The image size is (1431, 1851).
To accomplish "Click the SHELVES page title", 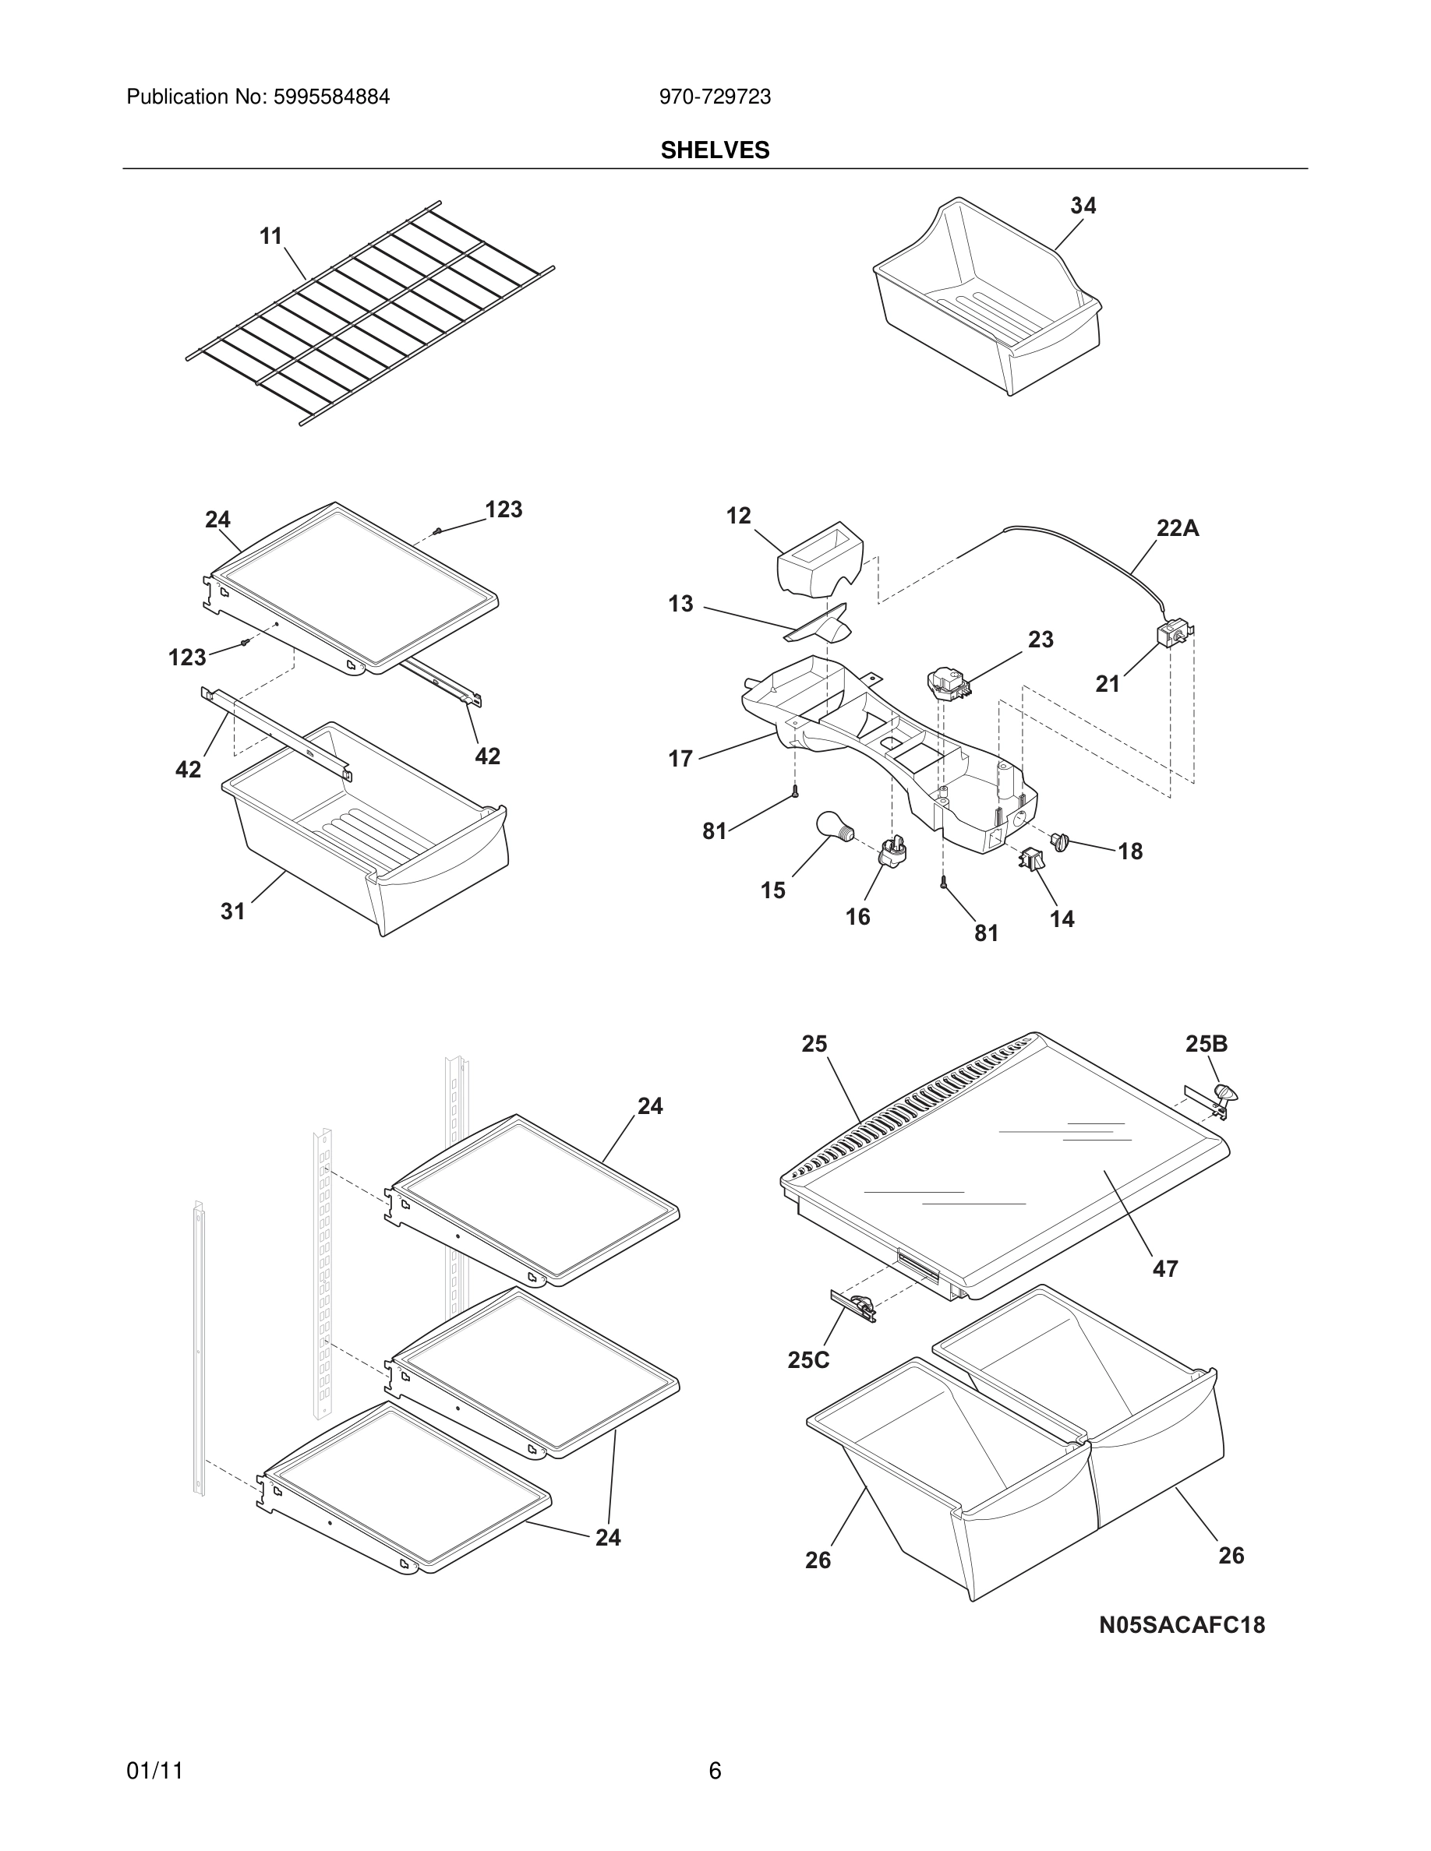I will (x=715, y=150).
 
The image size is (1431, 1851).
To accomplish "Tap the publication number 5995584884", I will (x=330, y=97).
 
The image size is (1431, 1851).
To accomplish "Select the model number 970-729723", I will (x=715, y=97).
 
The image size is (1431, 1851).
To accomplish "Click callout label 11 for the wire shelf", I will (x=270, y=237).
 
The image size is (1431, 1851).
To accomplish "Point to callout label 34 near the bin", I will (x=1083, y=206).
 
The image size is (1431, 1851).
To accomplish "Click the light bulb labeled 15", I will (x=833, y=826).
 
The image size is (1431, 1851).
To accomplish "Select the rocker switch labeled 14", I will (x=1031, y=859).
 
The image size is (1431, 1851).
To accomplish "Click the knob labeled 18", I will (x=1060, y=841).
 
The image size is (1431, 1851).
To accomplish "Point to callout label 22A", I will (x=1178, y=529).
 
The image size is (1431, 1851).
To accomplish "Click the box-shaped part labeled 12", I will (x=819, y=561).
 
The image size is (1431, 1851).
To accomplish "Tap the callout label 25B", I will (x=1206, y=1044).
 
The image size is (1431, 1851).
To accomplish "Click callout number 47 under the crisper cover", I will (x=1164, y=1269).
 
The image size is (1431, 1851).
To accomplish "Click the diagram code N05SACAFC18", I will (x=1181, y=1625).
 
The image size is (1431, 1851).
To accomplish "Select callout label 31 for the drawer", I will (x=233, y=911).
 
